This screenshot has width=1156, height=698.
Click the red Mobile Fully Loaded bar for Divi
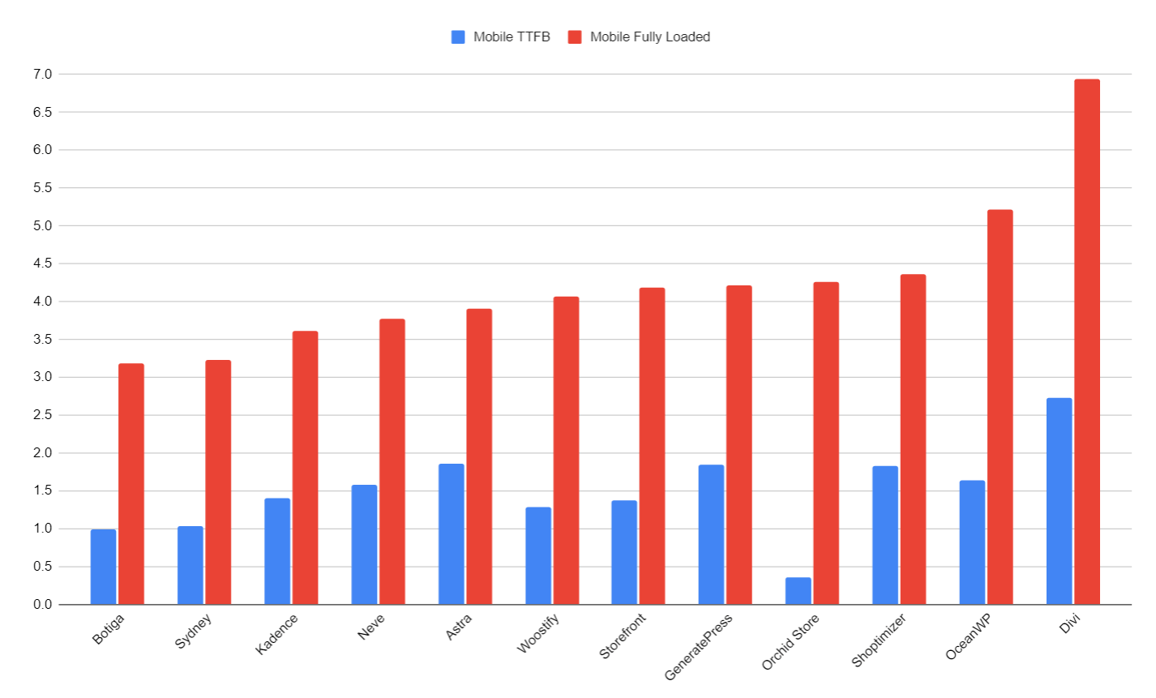[x=1086, y=341]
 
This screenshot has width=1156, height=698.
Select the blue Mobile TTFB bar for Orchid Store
[x=798, y=591]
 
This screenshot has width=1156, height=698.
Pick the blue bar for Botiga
[x=103, y=567]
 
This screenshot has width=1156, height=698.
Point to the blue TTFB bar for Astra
[x=451, y=534]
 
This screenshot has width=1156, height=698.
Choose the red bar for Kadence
[x=305, y=468]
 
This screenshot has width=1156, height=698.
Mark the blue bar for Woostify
[x=537, y=556]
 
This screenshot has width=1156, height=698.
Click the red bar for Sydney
[x=218, y=482]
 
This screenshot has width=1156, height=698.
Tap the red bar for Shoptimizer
[x=913, y=439]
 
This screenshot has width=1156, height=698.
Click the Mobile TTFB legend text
[x=512, y=36]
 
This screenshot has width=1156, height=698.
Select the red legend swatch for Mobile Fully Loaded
[x=575, y=36]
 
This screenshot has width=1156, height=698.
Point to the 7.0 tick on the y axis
[x=42, y=75]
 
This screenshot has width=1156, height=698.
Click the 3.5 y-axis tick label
[x=42, y=340]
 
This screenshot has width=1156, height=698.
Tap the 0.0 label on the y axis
[x=42, y=605]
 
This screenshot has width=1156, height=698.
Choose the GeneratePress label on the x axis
[x=698, y=647]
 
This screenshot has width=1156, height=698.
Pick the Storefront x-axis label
[x=623, y=636]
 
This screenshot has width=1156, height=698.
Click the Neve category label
[x=371, y=627]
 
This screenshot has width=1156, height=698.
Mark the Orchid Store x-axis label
[x=790, y=642]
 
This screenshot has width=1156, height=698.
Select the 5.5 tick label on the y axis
[x=42, y=188]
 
